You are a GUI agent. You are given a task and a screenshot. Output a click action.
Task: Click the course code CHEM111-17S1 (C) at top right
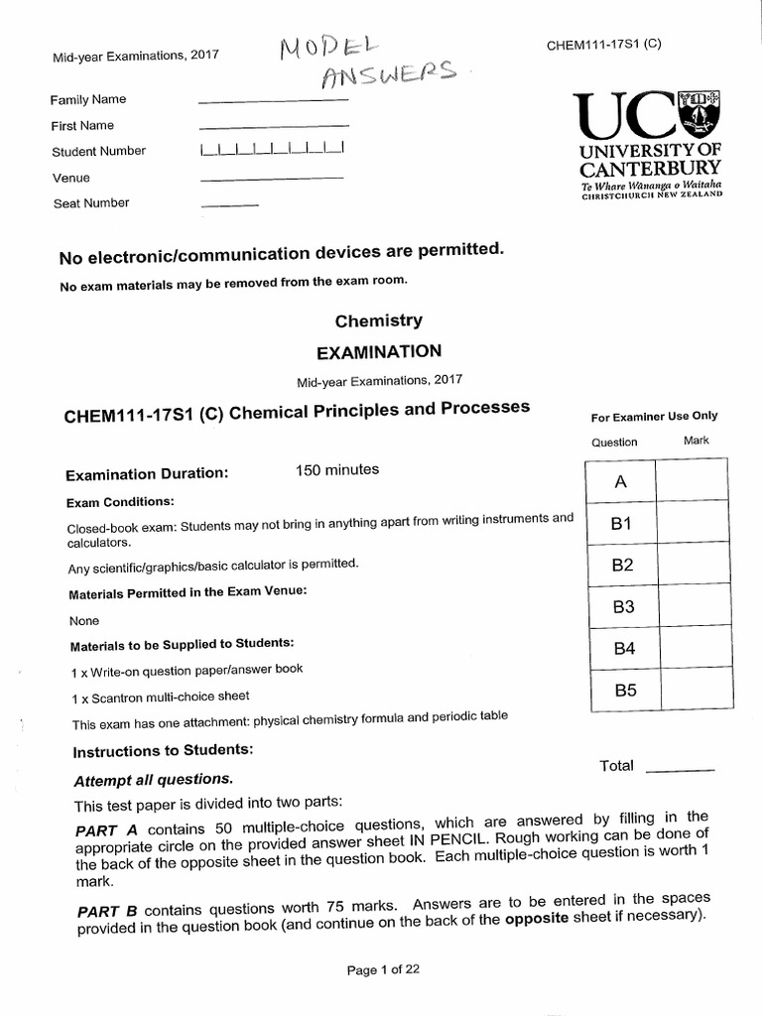pos(603,46)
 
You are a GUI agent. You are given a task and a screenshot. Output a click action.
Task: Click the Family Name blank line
pos(274,101)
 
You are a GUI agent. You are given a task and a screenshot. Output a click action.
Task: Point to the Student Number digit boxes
pos(271,151)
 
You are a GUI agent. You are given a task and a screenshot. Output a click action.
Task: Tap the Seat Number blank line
pos(229,205)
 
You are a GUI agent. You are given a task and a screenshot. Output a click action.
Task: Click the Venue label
pos(70,178)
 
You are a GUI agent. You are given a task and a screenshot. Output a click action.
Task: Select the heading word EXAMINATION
pos(378,351)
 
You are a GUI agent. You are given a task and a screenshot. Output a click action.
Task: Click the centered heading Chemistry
pos(378,320)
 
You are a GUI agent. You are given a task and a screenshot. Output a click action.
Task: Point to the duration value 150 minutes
pos(336,469)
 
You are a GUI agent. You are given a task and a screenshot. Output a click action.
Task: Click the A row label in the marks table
pos(621,482)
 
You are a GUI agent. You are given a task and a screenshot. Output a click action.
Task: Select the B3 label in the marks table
pos(622,607)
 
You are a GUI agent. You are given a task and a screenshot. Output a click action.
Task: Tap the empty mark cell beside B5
pos(692,692)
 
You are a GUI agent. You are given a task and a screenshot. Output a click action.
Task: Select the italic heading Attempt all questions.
pos(153,780)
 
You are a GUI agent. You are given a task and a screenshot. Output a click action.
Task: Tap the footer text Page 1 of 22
pos(383,970)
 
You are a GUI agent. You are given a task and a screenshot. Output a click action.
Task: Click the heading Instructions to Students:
pos(162,750)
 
